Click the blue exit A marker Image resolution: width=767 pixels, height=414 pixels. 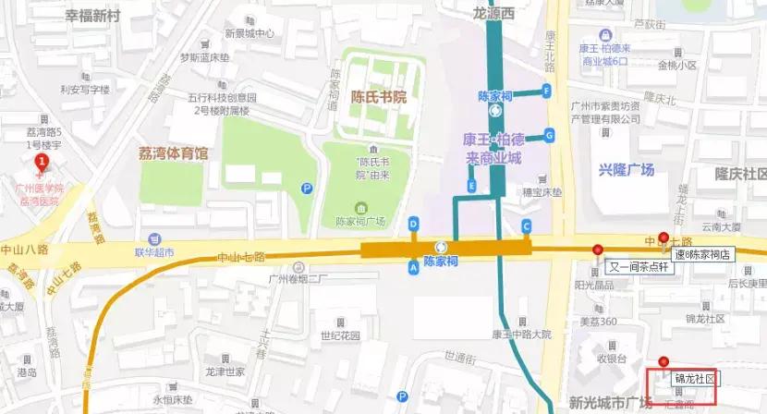click(x=413, y=266)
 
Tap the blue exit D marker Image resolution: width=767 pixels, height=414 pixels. click(x=413, y=224)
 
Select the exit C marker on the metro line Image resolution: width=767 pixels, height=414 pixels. click(x=527, y=225)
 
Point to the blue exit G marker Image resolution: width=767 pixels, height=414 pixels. click(x=549, y=135)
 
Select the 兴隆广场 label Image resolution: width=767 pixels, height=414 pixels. click(x=626, y=170)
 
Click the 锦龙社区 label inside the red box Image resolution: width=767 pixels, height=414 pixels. click(x=694, y=379)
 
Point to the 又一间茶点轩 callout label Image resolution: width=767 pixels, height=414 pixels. click(x=641, y=267)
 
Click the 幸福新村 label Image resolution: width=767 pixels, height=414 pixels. click(x=92, y=17)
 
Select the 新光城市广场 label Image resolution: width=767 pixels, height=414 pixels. click(x=611, y=403)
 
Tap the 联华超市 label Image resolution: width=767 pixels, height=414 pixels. click(x=154, y=252)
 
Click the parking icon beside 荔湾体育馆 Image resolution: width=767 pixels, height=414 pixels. click(x=307, y=189)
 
